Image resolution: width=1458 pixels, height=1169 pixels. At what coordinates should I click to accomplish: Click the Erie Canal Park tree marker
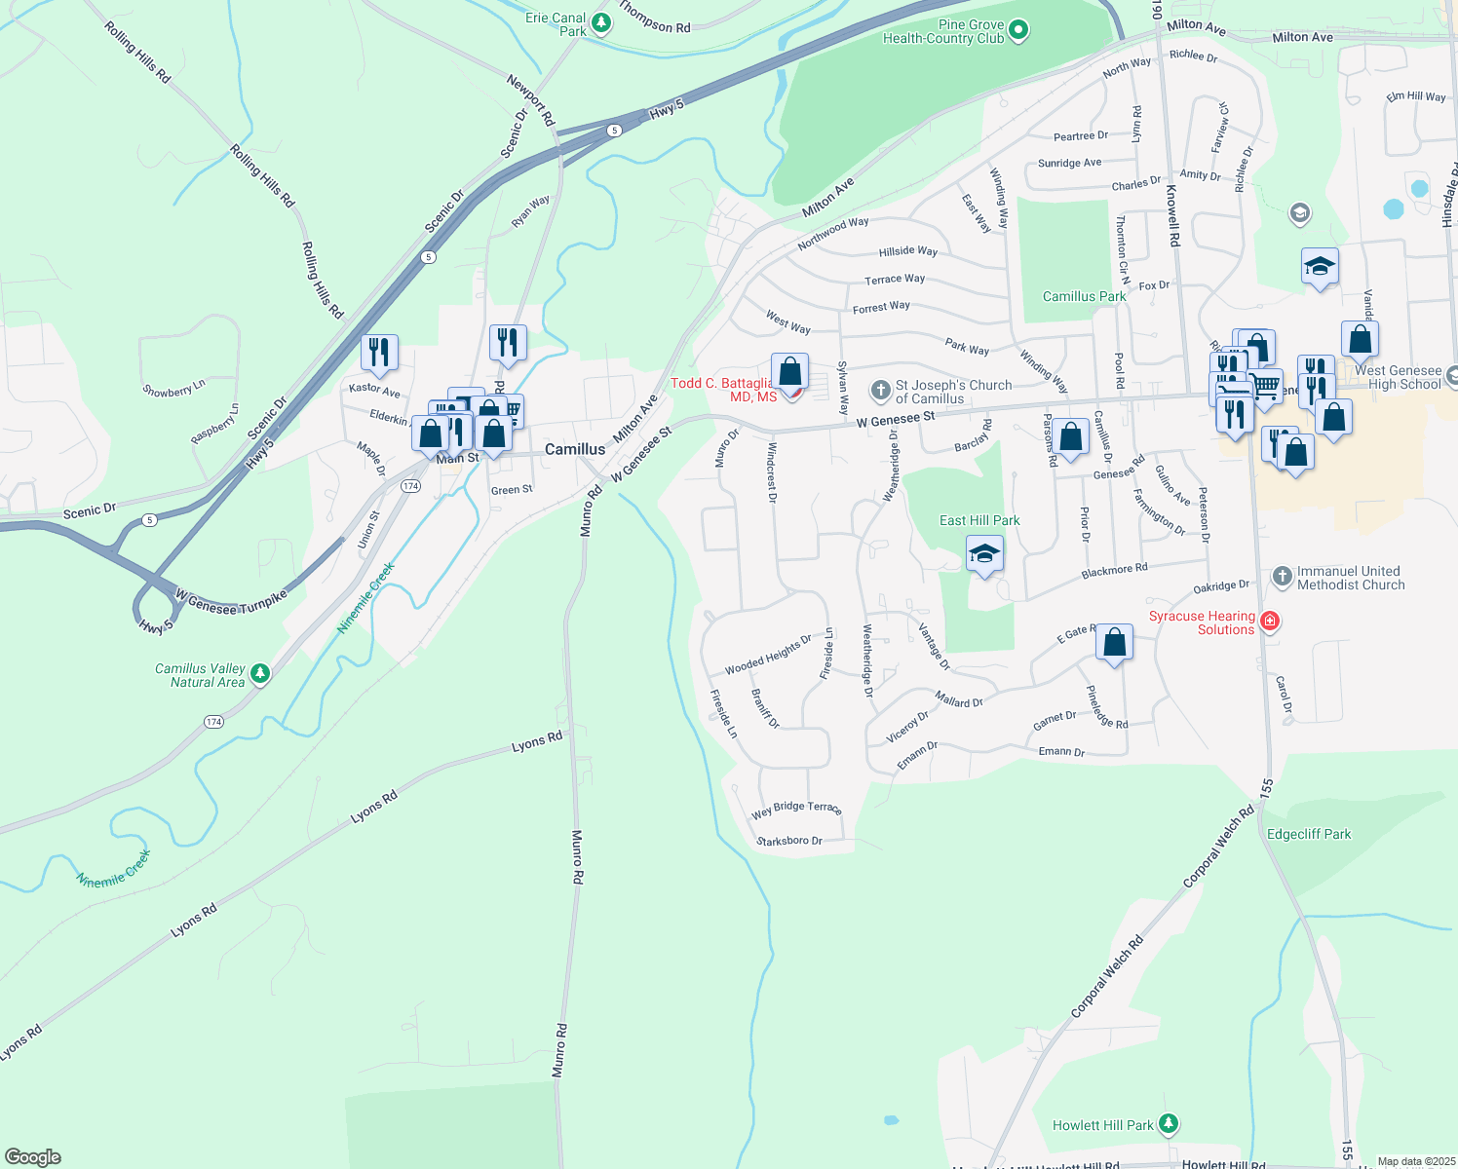601,22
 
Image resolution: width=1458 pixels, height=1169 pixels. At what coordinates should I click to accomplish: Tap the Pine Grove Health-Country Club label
942,32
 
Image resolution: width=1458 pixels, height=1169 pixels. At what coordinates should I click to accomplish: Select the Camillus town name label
575,449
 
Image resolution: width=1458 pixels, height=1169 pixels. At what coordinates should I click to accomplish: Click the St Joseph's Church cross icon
880,392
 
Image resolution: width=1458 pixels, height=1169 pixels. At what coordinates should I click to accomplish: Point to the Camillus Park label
1084,296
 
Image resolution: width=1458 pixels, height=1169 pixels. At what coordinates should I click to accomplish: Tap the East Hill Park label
979,520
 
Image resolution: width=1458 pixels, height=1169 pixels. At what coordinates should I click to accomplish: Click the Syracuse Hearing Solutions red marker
1269,621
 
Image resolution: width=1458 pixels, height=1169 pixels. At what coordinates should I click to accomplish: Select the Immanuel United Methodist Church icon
1283,577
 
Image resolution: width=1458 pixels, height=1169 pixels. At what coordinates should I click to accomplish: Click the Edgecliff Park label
1309,834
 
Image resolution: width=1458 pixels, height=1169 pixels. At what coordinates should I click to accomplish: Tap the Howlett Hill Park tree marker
1169,1124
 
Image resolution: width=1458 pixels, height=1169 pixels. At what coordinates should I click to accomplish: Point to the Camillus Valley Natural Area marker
259,673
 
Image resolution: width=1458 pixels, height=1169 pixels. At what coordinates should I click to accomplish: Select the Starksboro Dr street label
789,841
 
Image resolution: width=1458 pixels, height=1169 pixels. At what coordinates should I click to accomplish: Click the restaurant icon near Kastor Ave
379,353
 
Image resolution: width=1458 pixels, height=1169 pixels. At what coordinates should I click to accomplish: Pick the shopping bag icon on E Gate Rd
1114,643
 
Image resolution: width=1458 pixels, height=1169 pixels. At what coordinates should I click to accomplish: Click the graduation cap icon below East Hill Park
984,554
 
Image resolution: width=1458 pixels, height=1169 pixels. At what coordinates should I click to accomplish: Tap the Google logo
33,1157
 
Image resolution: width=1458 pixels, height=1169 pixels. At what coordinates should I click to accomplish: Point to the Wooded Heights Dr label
768,655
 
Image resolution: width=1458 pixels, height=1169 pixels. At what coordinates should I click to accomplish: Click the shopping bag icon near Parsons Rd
1070,437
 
